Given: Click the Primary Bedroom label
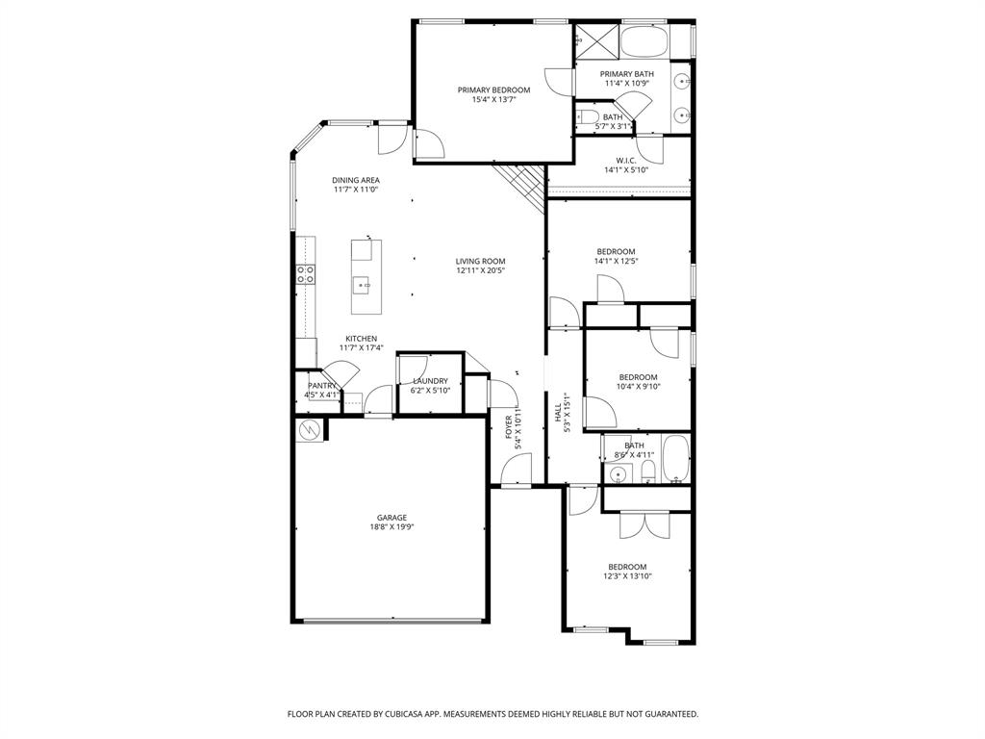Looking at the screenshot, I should [493, 89].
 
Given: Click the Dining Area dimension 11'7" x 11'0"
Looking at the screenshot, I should [356, 191].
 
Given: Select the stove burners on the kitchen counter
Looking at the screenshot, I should [306, 275].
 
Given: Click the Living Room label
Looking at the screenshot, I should [480, 261].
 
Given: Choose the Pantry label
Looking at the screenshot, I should [322, 385].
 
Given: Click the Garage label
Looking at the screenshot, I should [391, 518].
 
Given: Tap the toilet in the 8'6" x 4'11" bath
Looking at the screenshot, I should [648, 471].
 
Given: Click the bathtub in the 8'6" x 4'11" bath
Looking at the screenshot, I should [675, 460].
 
